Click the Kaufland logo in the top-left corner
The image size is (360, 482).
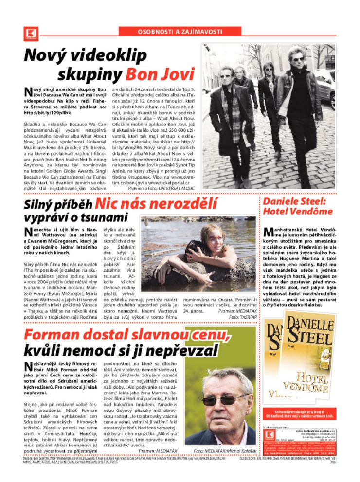(x=30, y=33)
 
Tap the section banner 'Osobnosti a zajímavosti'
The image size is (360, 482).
(x=180, y=32)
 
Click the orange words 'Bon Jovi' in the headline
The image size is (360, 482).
(x=160, y=74)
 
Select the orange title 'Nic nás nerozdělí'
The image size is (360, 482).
(x=149, y=204)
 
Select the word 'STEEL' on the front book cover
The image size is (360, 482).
(x=309, y=338)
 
